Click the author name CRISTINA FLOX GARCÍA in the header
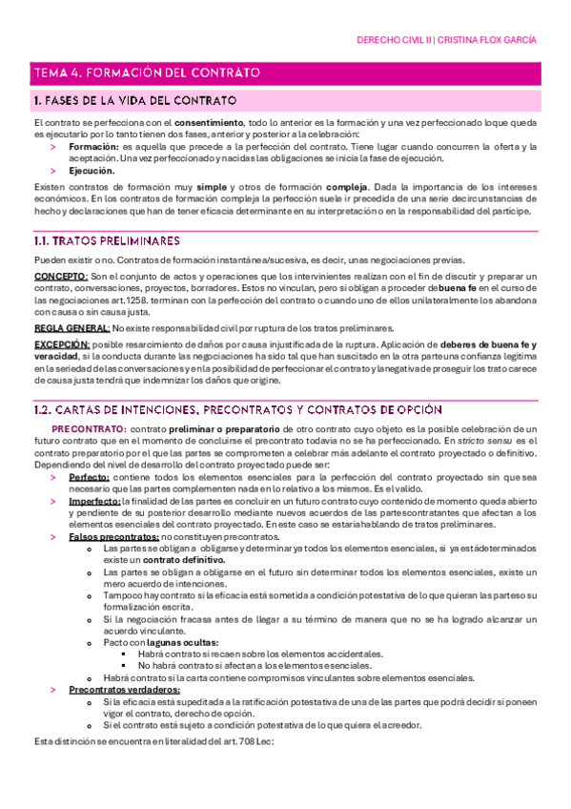(x=487, y=41)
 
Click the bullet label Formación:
(x=93, y=147)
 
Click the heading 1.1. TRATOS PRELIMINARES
(x=105, y=240)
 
